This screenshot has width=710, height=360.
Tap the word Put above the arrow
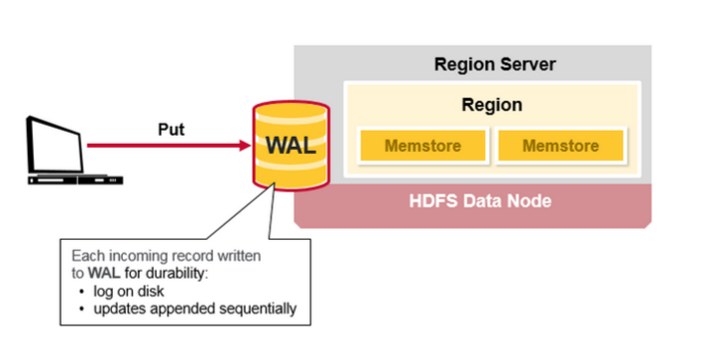pyautogui.click(x=172, y=128)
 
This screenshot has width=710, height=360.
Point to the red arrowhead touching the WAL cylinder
pyautogui.click(x=243, y=146)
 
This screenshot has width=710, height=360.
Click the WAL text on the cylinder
pyautogui.click(x=291, y=145)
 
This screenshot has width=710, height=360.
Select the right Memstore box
pyautogui.click(x=560, y=146)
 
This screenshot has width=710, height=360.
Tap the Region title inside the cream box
pyautogui.click(x=492, y=104)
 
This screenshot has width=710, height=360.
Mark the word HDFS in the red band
pyautogui.click(x=432, y=201)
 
